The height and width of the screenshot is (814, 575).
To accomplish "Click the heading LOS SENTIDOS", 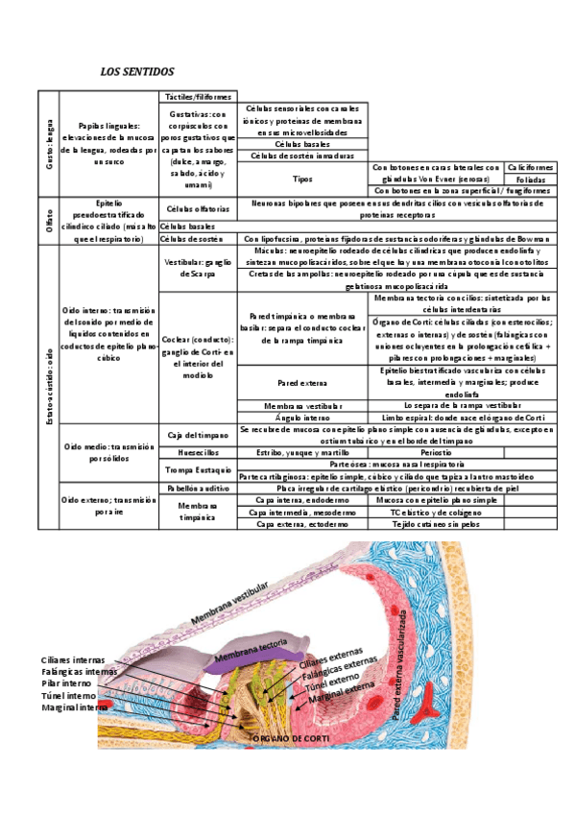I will pos(137,72).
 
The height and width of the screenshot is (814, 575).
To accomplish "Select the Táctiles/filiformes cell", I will pos(197,97).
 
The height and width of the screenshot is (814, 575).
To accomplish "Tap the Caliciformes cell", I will pos(530,167).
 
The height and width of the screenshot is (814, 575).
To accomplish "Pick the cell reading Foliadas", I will pos(530,179).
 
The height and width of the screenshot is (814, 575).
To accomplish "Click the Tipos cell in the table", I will pos(302,179).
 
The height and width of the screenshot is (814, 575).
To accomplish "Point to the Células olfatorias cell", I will pos(197,208).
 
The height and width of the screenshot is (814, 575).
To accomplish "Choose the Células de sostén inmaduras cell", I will pos(302,156).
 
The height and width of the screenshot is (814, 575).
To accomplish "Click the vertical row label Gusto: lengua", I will pos(49,144).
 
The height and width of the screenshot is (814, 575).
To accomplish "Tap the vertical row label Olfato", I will pos(49,221).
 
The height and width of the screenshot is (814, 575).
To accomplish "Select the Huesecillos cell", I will pos(197,451).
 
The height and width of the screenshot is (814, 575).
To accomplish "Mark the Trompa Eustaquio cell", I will pos(197,469).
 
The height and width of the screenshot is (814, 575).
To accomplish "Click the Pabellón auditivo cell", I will pos(197,488).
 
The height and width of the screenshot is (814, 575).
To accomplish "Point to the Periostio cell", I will pos(436,451).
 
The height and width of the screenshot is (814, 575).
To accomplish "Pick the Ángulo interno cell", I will pos(302,418).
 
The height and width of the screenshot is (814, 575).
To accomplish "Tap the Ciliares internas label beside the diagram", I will pos(74,660).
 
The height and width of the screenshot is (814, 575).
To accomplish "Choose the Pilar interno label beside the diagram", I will pos(67,683).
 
